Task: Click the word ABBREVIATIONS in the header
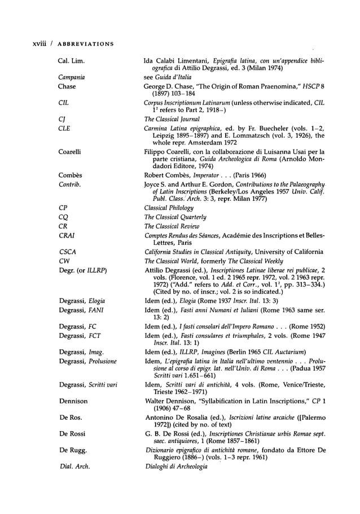[x=81, y=44]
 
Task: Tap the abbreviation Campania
[x=71, y=78]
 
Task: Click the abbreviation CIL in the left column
[x=63, y=104]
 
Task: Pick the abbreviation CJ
[x=62, y=120]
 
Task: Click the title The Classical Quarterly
[x=175, y=217]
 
